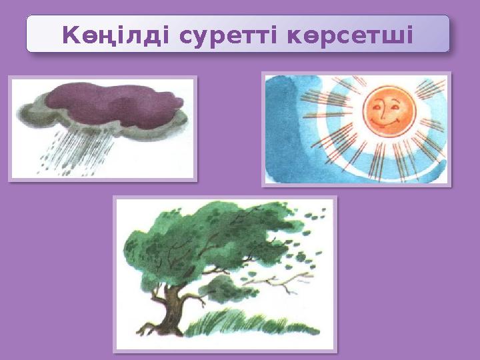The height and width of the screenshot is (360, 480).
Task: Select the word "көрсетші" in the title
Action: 351,35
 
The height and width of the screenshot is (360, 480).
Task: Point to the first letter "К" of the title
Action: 70,35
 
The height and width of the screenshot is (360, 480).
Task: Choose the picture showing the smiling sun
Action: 356,129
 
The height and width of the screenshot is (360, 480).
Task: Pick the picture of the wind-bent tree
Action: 225,273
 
